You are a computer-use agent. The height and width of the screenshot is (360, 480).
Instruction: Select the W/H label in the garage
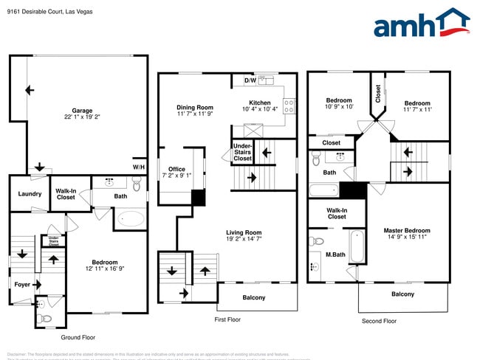139,167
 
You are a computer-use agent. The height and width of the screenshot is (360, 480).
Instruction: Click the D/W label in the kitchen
250,80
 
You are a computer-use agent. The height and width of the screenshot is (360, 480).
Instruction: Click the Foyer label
22,284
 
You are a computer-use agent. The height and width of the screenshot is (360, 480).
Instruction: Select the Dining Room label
194,107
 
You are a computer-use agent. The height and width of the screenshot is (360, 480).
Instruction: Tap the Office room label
176,169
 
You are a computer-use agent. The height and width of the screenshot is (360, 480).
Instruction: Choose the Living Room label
244,232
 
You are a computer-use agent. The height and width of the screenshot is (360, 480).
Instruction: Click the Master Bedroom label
406,231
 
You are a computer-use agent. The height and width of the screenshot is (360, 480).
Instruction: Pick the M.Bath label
335,255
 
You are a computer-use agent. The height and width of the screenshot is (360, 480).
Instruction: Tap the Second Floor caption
379,321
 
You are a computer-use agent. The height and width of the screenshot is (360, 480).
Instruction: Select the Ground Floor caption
78,337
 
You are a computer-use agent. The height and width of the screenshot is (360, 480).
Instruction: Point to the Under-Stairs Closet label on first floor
242,152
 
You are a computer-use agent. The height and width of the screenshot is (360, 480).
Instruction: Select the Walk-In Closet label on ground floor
66,195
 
